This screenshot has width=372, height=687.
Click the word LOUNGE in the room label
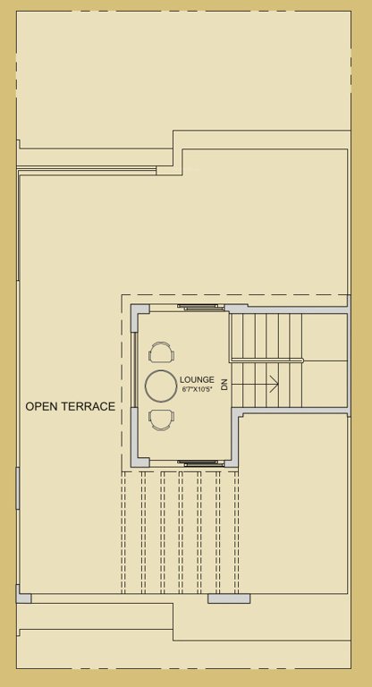point(197,379)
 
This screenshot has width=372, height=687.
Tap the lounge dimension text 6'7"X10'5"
point(197,390)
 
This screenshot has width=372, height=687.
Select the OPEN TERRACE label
point(70,406)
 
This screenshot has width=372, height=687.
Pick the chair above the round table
point(162,352)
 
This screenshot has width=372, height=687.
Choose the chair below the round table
point(162,420)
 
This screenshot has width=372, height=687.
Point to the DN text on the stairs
point(225,385)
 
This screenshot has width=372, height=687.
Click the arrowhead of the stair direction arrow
point(275,384)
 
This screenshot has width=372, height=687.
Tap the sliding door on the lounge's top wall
point(199,308)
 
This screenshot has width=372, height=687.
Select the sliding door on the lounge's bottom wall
point(199,462)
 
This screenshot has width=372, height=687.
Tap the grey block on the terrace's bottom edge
point(229,598)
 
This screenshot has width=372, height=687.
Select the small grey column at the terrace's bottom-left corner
point(23,596)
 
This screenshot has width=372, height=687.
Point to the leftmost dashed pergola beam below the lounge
point(124,531)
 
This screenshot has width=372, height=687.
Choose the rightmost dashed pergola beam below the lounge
point(236,531)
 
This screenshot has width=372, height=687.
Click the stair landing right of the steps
point(325,360)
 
